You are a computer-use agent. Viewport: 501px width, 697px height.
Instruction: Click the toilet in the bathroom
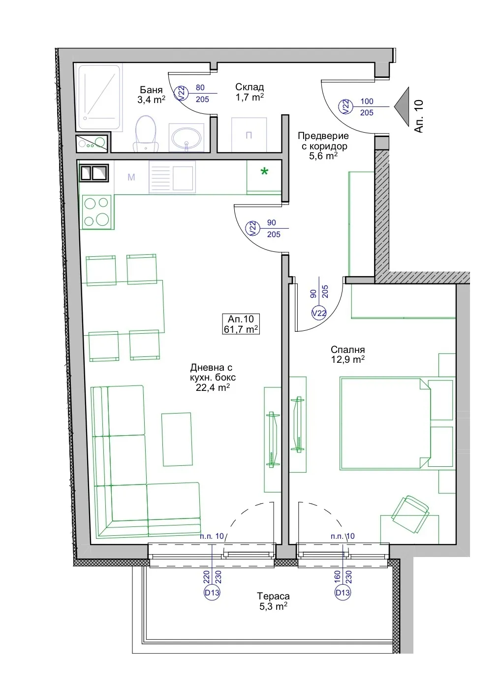tap(146, 134)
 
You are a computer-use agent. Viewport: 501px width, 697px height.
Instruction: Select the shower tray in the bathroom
tap(99, 98)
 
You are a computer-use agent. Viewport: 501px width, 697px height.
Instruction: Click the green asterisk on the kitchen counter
tap(264, 171)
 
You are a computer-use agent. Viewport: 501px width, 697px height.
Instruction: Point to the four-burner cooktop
tap(97, 212)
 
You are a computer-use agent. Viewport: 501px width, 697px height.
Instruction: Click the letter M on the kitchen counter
tap(131, 177)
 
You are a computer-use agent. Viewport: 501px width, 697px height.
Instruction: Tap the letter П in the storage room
tap(249, 135)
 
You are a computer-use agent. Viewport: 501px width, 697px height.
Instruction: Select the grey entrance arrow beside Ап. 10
tap(402, 107)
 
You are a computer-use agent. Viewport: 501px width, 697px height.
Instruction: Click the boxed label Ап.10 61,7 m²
tap(241, 324)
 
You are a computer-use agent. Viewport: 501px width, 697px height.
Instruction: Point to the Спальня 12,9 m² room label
tap(347, 354)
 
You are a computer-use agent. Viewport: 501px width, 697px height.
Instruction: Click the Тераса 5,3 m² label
tap(273, 601)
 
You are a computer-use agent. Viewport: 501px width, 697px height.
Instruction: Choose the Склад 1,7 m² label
tap(250, 92)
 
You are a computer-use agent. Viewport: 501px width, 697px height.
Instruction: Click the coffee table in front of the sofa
tap(177, 439)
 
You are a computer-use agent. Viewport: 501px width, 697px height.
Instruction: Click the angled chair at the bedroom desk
tap(410, 514)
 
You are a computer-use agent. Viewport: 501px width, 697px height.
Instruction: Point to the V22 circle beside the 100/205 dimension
tap(345, 107)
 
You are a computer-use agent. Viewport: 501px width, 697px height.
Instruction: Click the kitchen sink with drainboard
tap(172, 177)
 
